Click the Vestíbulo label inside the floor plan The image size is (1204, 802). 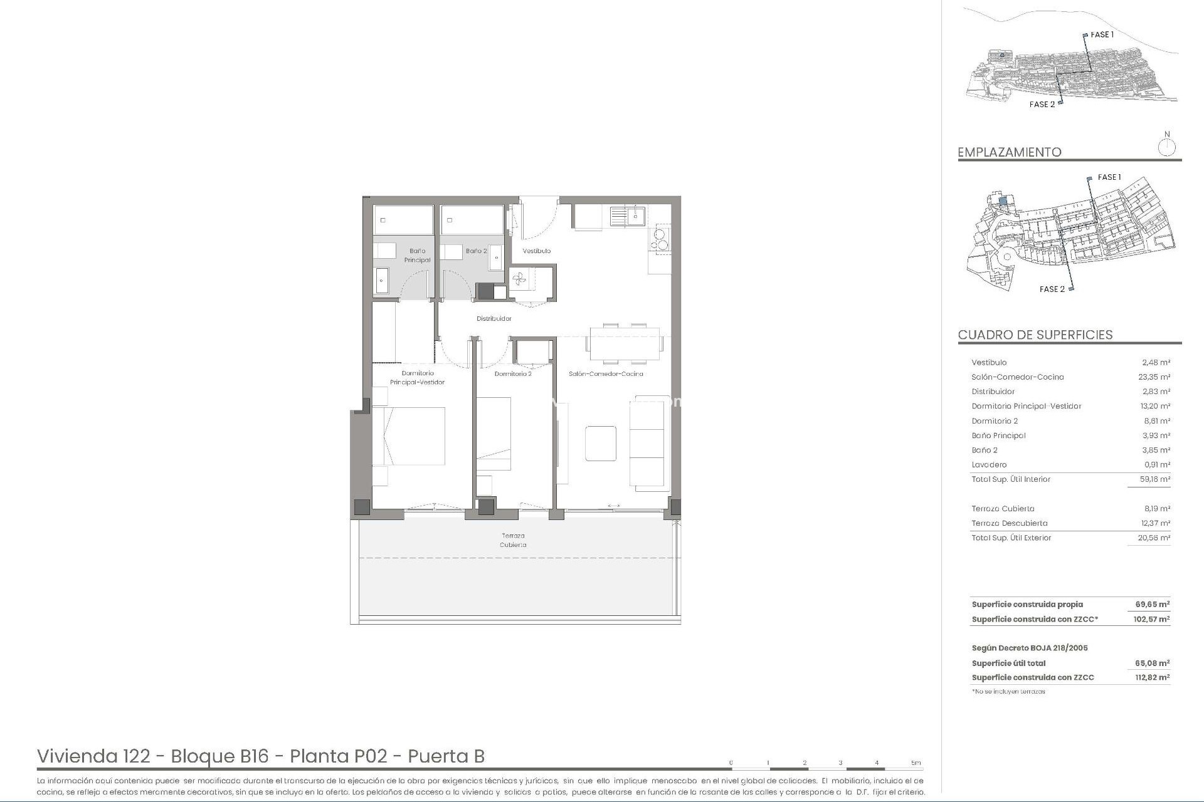[x=537, y=251]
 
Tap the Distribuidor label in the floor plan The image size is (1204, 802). [x=494, y=318]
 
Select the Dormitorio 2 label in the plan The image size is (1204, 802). [x=513, y=374]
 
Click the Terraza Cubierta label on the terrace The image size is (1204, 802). [x=513, y=540]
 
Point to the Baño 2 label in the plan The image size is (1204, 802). [x=476, y=251]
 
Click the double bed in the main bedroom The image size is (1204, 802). [x=409, y=436]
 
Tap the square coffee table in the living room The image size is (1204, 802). [x=601, y=444]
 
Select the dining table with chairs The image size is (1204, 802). [x=625, y=344]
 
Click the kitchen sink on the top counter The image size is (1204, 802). [x=627, y=216]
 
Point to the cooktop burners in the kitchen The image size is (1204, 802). [x=661, y=239]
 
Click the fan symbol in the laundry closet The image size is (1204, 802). [x=519, y=280]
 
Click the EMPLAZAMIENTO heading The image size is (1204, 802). [x=1010, y=152]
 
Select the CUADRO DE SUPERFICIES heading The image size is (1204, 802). [x=1035, y=335]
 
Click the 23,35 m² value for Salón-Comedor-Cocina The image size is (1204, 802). [x=1156, y=377]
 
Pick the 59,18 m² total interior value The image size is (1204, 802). [x=1156, y=479]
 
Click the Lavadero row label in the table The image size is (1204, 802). [x=989, y=465]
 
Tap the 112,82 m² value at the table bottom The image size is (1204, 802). [x=1153, y=677]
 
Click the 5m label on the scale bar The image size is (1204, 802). [x=916, y=763]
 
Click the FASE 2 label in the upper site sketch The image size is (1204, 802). [x=1042, y=104]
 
